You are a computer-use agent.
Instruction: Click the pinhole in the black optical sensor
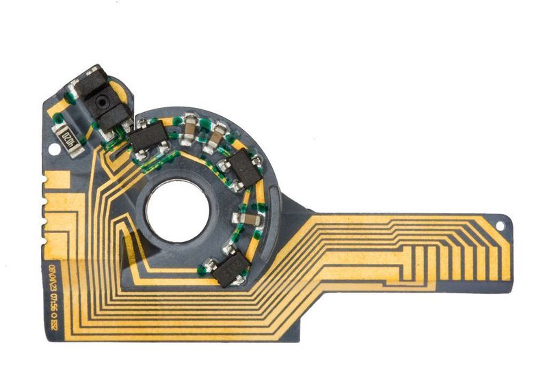coord(102,101)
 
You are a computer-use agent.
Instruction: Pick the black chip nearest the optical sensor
coord(146,139)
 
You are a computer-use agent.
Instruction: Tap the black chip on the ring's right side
coord(245,169)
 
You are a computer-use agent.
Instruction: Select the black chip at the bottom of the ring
coord(229,269)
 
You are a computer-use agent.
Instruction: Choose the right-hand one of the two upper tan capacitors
coord(216,139)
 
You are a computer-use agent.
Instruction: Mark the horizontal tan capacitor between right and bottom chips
coord(250,219)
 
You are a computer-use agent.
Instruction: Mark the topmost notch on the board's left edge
coord(44,180)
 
